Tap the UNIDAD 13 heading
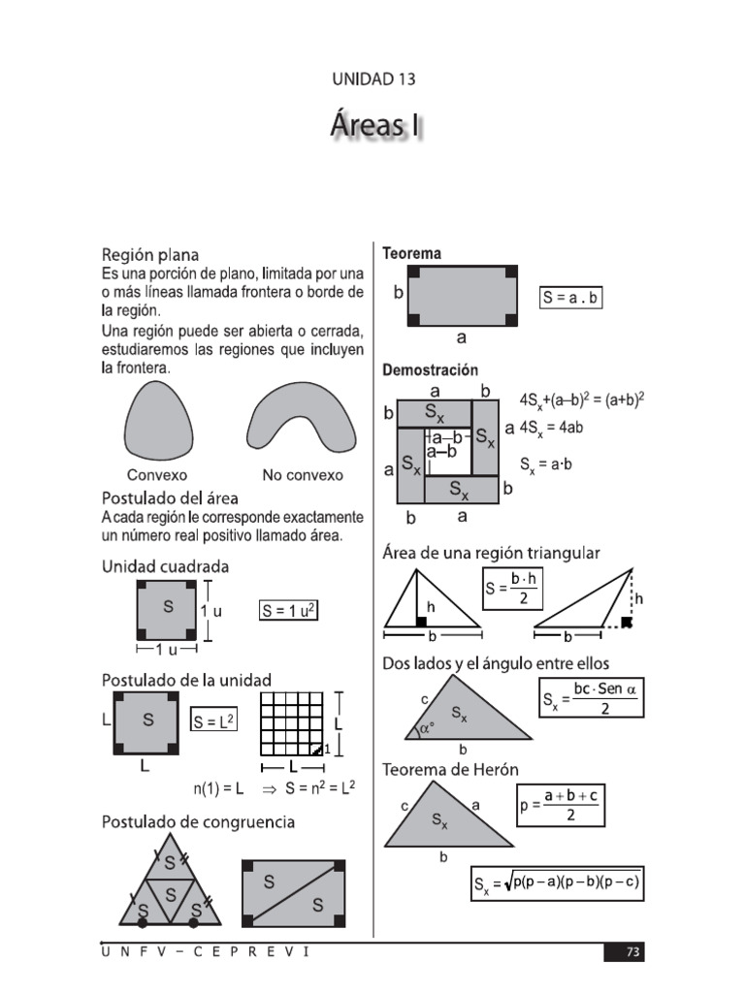(373, 80)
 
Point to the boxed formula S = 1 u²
(289, 611)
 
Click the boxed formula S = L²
(214, 721)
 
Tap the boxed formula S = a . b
(570, 298)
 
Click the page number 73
(632, 952)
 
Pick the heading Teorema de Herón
(451, 769)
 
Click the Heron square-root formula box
(557, 882)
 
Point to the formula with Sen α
(592, 697)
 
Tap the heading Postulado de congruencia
(199, 822)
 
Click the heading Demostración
(431, 370)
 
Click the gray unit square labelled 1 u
(167, 610)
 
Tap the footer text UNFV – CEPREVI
(206, 951)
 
